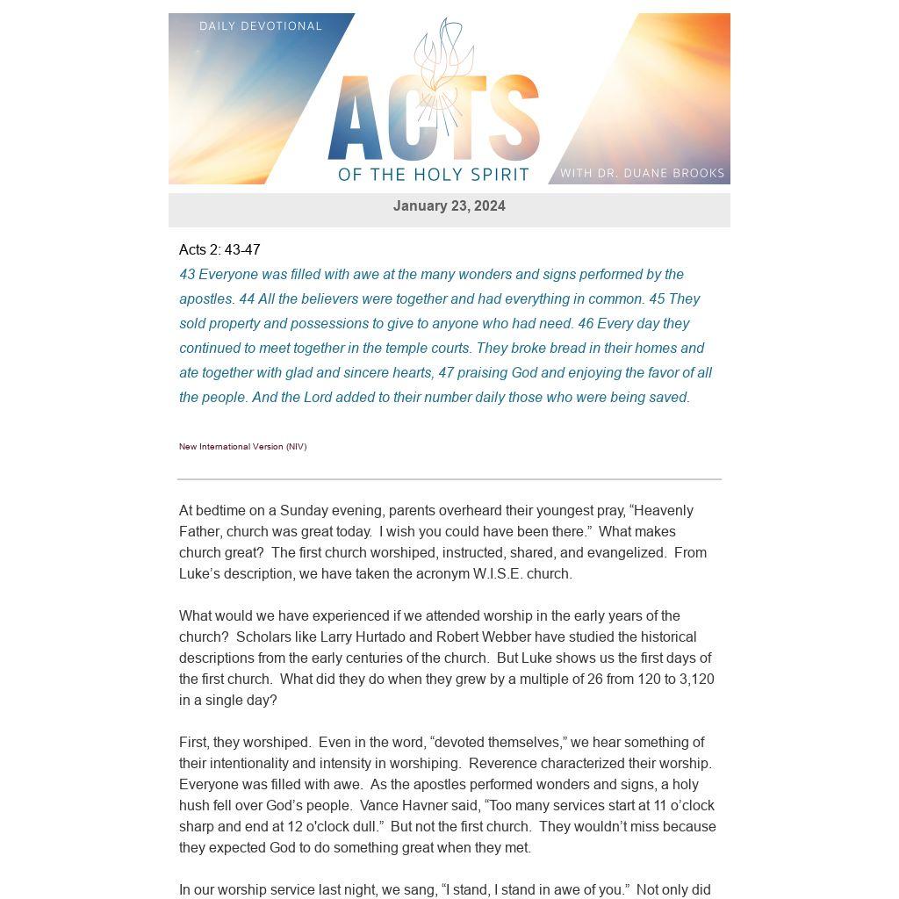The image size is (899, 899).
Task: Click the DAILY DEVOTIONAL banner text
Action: click(261, 26)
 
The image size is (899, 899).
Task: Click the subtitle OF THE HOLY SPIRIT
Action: click(434, 174)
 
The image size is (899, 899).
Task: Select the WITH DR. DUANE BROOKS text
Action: click(642, 173)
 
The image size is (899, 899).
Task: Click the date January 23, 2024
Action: click(449, 206)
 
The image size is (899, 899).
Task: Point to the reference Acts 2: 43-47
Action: click(219, 250)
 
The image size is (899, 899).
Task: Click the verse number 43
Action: click(187, 275)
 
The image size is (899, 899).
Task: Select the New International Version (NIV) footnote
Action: click(242, 447)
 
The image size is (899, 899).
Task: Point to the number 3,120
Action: click(697, 680)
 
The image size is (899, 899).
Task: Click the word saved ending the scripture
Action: click(668, 398)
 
